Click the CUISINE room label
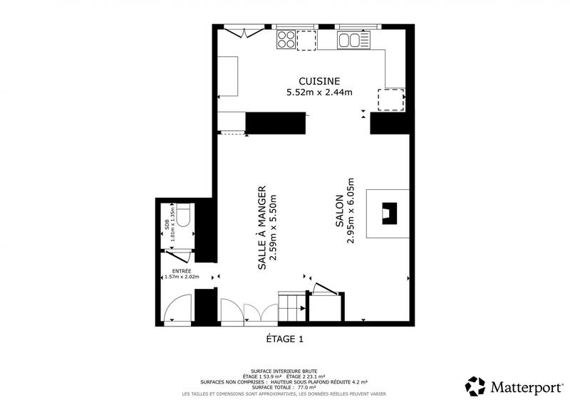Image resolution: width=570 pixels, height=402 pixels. [319, 81]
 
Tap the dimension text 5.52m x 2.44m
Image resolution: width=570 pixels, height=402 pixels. [319, 92]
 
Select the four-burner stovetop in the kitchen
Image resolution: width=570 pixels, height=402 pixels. [286, 39]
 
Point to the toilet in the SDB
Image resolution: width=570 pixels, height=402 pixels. [182, 214]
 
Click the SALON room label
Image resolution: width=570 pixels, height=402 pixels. [340, 213]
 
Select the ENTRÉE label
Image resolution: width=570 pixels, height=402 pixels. [181, 270]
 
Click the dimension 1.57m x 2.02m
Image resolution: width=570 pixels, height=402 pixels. [181, 277]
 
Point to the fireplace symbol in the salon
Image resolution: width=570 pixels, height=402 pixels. [388, 213]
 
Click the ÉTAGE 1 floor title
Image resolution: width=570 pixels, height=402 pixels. [284, 339]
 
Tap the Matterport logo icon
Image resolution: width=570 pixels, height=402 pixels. [475, 386]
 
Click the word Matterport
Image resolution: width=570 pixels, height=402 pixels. [525, 386]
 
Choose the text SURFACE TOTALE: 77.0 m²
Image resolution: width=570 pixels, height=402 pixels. [284, 387]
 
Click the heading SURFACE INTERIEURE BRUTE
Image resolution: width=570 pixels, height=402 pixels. [284, 371]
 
